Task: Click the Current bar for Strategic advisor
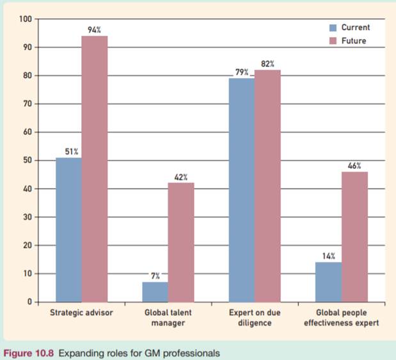coord(68,230)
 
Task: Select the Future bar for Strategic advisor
coord(95,169)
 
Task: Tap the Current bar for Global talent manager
coord(155,292)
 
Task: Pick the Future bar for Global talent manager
coord(181,242)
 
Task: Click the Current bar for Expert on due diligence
coord(241,190)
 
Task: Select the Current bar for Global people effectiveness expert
coord(328,282)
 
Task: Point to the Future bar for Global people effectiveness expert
coord(354,237)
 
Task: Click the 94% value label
coord(95,29)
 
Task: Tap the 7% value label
coord(155,276)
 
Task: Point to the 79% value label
coord(241,72)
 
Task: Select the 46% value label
coord(354,166)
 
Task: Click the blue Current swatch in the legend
coord(333,28)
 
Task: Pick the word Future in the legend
coord(354,40)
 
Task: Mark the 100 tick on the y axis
coord(26,19)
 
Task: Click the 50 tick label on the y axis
coord(28,160)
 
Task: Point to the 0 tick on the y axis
coord(30,302)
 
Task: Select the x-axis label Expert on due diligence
coord(254,318)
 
